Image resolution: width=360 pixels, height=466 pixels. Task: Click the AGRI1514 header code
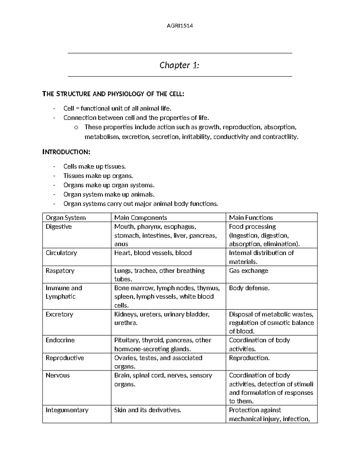(179, 26)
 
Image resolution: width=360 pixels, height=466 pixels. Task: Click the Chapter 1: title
(179, 65)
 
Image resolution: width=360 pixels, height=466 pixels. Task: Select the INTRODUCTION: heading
(66, 152)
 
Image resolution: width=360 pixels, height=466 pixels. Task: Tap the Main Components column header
(140, 218)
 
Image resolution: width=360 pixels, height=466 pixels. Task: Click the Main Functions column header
(251, 218)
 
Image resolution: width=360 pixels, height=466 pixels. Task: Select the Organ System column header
(65, 218)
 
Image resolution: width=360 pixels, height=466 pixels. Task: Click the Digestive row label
(58, 227)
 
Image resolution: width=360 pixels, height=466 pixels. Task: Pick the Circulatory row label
(61, 253)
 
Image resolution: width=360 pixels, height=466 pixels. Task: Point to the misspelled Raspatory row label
(60, 270)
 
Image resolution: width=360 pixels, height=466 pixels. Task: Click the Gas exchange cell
(248, 270)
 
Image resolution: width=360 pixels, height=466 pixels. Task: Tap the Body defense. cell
(249, 288)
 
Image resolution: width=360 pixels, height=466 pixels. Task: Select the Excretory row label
(59, 314)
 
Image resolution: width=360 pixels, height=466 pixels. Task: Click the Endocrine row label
(60, 340)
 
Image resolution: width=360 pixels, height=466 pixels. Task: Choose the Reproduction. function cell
(249, 358)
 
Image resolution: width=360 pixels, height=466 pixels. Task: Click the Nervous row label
(57, 375)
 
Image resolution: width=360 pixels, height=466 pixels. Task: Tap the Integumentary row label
(67, 410)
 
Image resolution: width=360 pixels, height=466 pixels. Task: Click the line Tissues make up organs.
(98, 176)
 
